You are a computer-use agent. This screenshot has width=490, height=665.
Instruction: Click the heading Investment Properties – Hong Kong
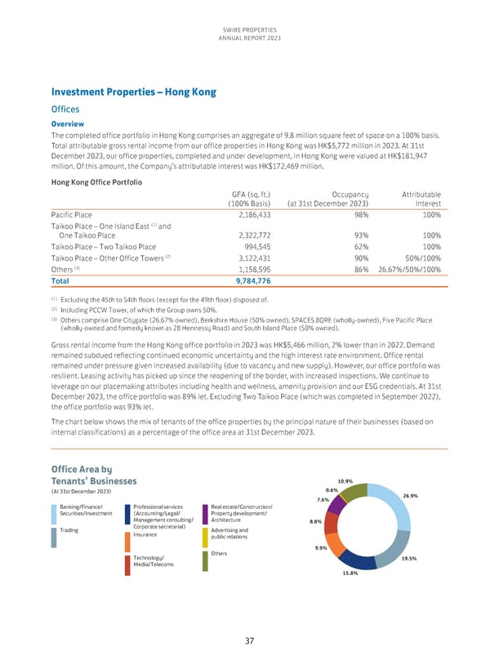[x=133, y=92]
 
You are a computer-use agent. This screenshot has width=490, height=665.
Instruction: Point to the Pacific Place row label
[x=73, y=214]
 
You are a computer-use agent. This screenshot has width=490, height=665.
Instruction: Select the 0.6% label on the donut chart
[x=332, y=490]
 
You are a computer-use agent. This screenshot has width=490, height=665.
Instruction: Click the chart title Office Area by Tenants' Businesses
[x=94, y=475]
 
